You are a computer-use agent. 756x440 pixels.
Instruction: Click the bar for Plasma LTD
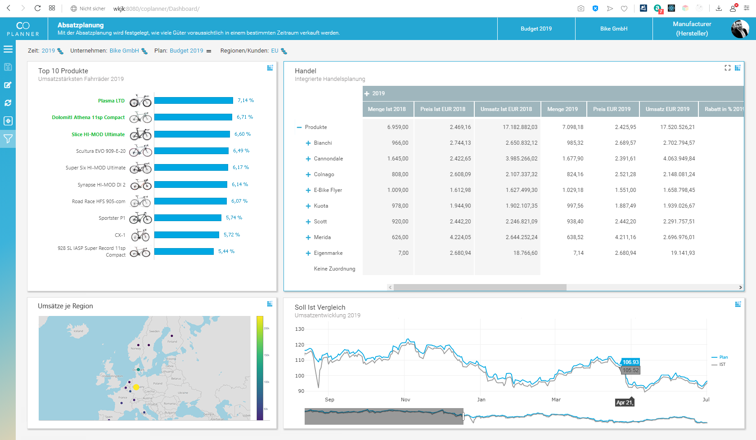[193, 101]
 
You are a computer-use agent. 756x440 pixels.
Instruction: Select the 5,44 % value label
[226, 251]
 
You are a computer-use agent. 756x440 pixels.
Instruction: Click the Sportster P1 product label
[112, 218]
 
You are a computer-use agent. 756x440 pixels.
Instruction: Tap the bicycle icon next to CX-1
[140, 235]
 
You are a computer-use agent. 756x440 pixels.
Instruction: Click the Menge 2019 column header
[562, 109]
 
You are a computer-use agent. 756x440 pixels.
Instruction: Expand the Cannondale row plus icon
[308, 159]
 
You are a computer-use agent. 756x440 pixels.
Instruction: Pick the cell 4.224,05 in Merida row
[460, 237]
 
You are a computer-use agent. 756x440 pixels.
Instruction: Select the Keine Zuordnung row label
[334, 269]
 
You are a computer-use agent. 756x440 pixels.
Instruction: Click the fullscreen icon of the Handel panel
[727, 68]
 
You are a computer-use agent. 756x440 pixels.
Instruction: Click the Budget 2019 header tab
[536, 29]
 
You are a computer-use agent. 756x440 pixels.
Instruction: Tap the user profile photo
[739, 29]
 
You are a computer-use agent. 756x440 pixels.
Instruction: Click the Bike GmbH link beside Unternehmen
[124, 51]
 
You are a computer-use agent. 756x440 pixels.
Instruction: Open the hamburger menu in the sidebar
[8, 49]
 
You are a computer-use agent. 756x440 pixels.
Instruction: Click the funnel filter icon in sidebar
[8, 139]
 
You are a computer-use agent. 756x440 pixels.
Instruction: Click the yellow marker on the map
[136, 387]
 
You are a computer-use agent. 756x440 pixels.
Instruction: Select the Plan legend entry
[723, 357]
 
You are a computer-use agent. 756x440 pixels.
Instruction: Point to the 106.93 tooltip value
[630, 362]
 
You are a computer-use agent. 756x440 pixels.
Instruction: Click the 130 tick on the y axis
[300, 329]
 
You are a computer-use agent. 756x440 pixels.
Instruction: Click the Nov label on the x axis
[405, 400]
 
